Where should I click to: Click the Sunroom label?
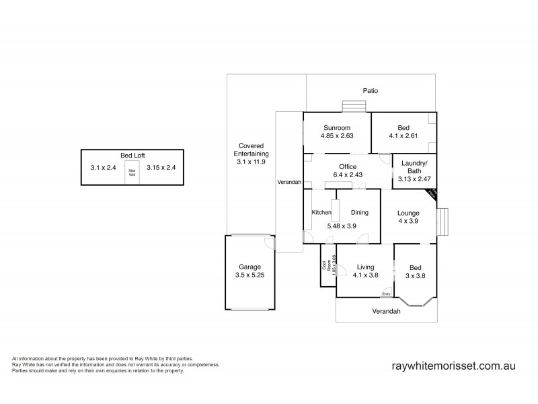tap(338, 127)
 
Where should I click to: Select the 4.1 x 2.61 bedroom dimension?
tap(403, 135)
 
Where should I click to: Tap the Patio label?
tap(370, 90)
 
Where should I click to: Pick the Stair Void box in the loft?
tap(132, 172)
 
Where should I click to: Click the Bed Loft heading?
tap(132, 155)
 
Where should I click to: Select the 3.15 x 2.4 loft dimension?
tap(161, 168)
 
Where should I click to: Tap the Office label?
tap(348, 166)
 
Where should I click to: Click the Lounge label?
tap(408, 212)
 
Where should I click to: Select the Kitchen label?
tap(321, 213)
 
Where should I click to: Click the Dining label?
tap(360, 212)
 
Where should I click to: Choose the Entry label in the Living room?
tap(386, 294)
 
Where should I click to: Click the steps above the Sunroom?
tap(353, 108)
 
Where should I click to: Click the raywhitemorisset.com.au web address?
tap(453, 365)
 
